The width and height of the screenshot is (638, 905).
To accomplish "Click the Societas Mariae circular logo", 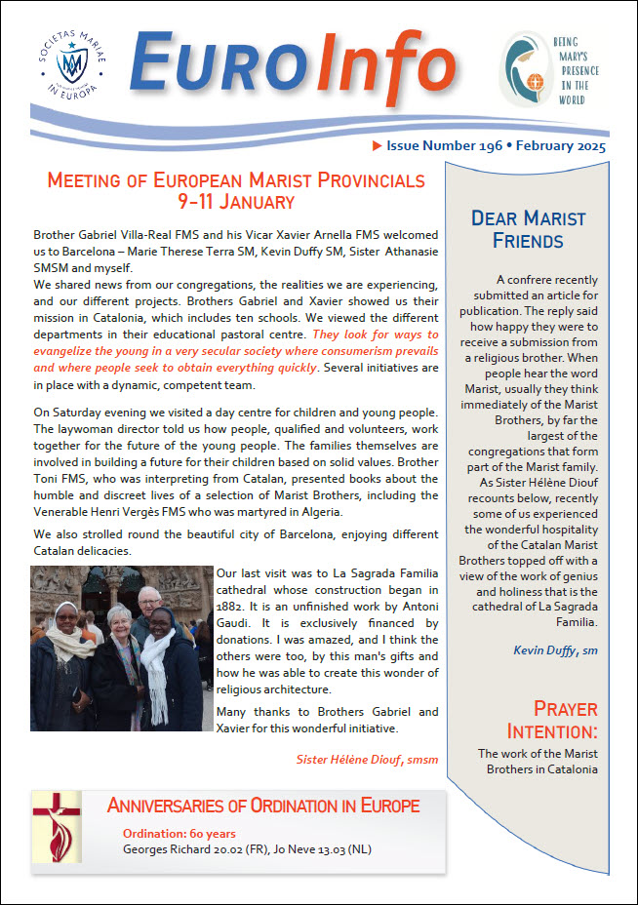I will click(x=69, y=66).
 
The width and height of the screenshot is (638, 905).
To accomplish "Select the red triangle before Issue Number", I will click(x=378, y=146).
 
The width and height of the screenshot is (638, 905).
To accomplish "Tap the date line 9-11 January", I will click(x=236, y=202).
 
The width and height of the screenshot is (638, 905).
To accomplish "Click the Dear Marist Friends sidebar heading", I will click(x=528, y=228).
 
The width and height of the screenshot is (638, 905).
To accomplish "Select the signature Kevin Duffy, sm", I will click(x=557, y=650).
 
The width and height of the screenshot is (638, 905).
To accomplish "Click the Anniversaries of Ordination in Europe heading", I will click(x=263, y=806).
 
